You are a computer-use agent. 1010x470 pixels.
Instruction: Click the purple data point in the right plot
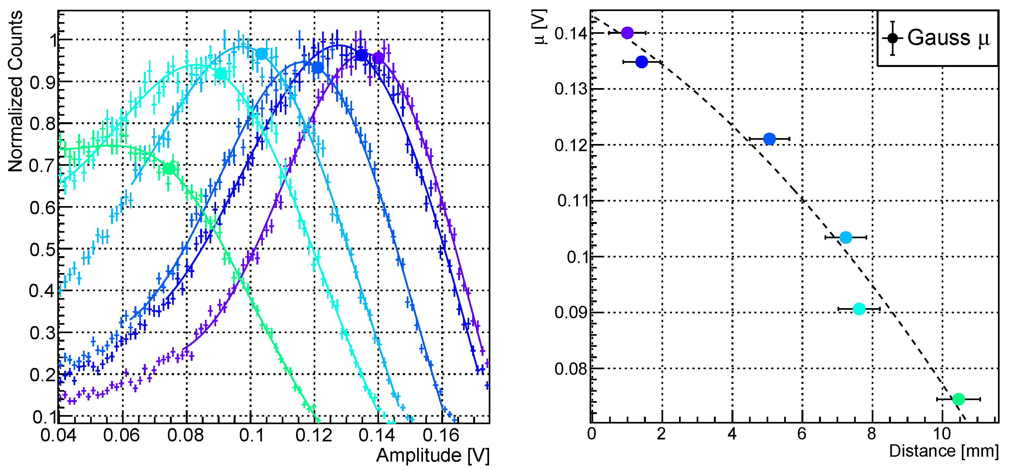[x=627, y=33]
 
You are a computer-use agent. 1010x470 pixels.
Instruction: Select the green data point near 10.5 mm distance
[x=958, y=399]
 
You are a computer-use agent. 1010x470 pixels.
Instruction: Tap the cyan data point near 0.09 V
[x=859, y=309]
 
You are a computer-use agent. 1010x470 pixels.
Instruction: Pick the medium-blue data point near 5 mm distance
[x=770, y=139]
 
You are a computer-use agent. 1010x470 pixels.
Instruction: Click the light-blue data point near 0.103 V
[x=846, y=237]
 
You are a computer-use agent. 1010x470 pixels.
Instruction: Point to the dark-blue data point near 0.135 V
[x=641, y=62]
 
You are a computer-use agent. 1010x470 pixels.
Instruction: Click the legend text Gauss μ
[x=949, y=38]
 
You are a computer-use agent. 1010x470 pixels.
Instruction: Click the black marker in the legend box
[x=893, y=38]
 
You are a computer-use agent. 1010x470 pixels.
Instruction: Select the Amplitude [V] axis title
[x=433, y=455]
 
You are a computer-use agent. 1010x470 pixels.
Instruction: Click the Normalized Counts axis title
[x=16, y=91]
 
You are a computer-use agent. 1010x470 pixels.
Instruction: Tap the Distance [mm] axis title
[x=943, y=451]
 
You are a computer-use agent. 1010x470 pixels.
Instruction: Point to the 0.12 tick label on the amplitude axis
[x=313, y=435]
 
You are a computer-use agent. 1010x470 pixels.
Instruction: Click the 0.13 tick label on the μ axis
[x=571, y=89]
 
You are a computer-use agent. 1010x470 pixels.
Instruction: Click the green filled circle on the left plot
[x=169, y=169]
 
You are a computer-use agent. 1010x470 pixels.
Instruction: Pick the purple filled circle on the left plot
[x=378, y=58]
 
